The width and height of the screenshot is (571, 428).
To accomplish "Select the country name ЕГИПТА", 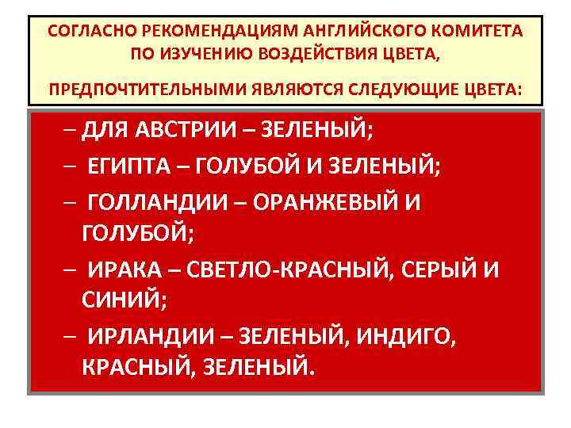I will [x=131, y=166].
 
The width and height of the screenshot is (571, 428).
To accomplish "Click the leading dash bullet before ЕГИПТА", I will [x=71, y=166].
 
